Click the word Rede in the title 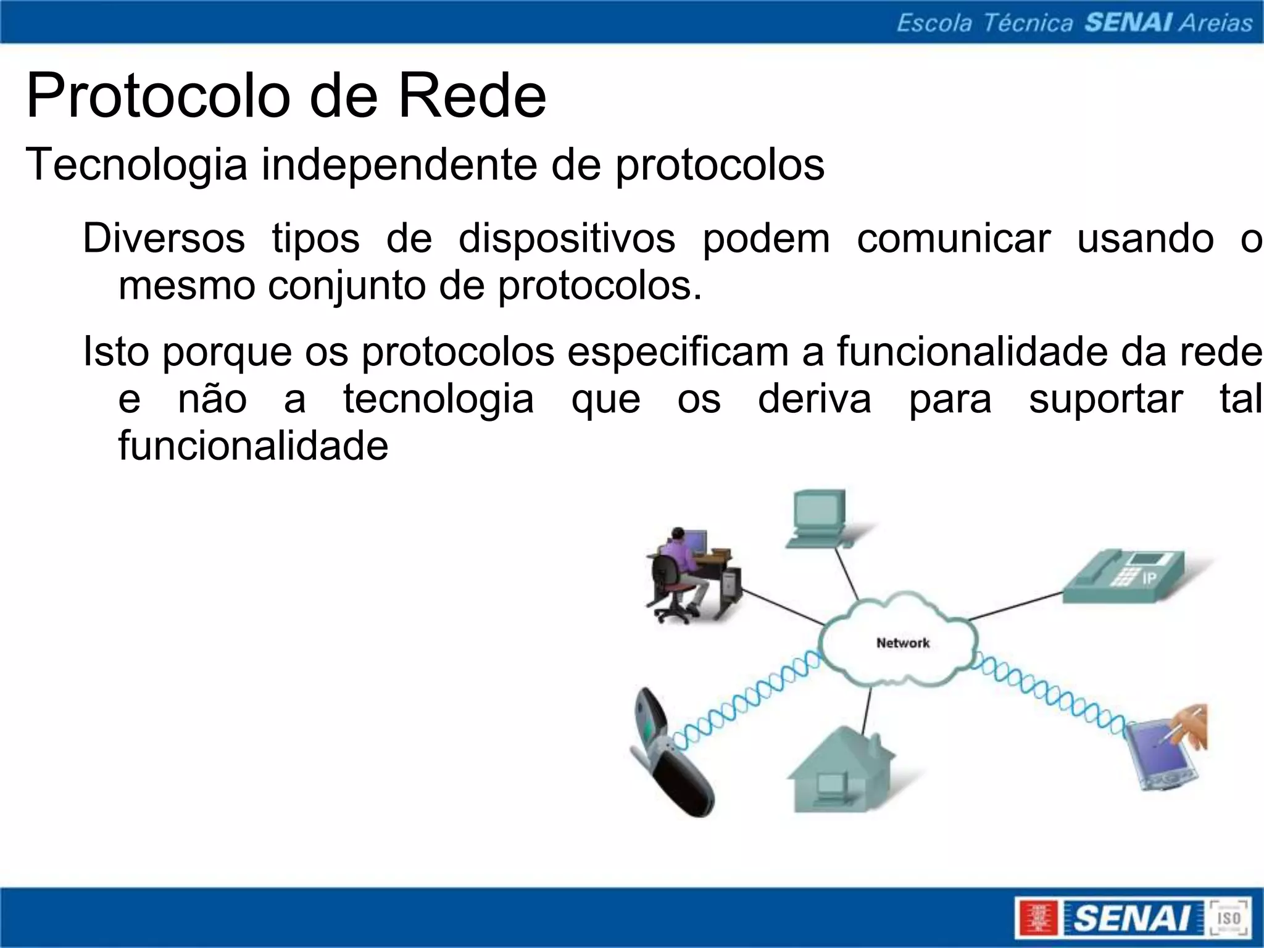tap(472, 96)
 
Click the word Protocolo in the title tap(158, 96)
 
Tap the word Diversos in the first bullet tap(164, 238)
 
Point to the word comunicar tap(953, 238)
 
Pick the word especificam tap(678, 352)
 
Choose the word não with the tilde tap(212, 399)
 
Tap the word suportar tap(1105, 399)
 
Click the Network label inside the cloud tap(902, 643)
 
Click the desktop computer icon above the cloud tap(821, 518)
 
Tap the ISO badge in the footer tap(1228, 918)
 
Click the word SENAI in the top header tap(1128, 23)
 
